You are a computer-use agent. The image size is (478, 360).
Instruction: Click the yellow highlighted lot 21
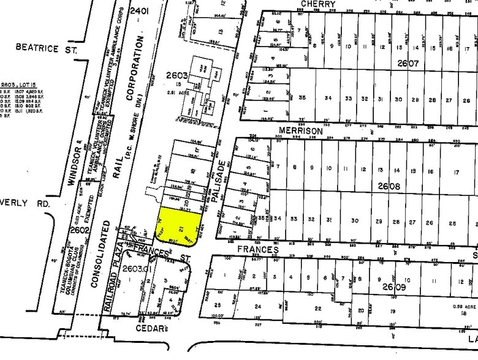(180, 225)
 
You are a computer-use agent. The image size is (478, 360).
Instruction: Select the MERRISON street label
(300, 131)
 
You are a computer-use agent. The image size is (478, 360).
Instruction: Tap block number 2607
(407, 63)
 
